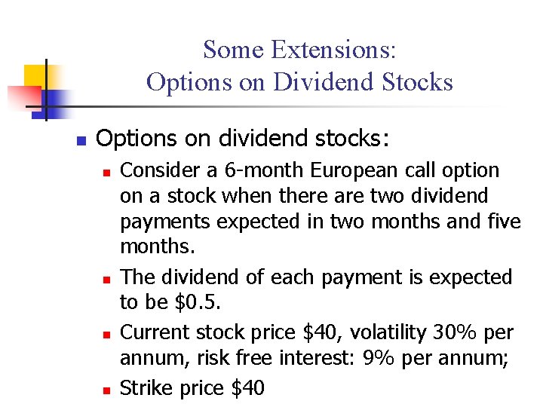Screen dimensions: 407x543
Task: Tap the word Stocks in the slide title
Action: pyautogui.click(x=418, y=81)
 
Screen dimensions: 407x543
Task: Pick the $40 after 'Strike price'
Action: pyautogui.click(x=248, y=388)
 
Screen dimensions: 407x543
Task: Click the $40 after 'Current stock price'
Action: pyautogui.click(x=299, y=332)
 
